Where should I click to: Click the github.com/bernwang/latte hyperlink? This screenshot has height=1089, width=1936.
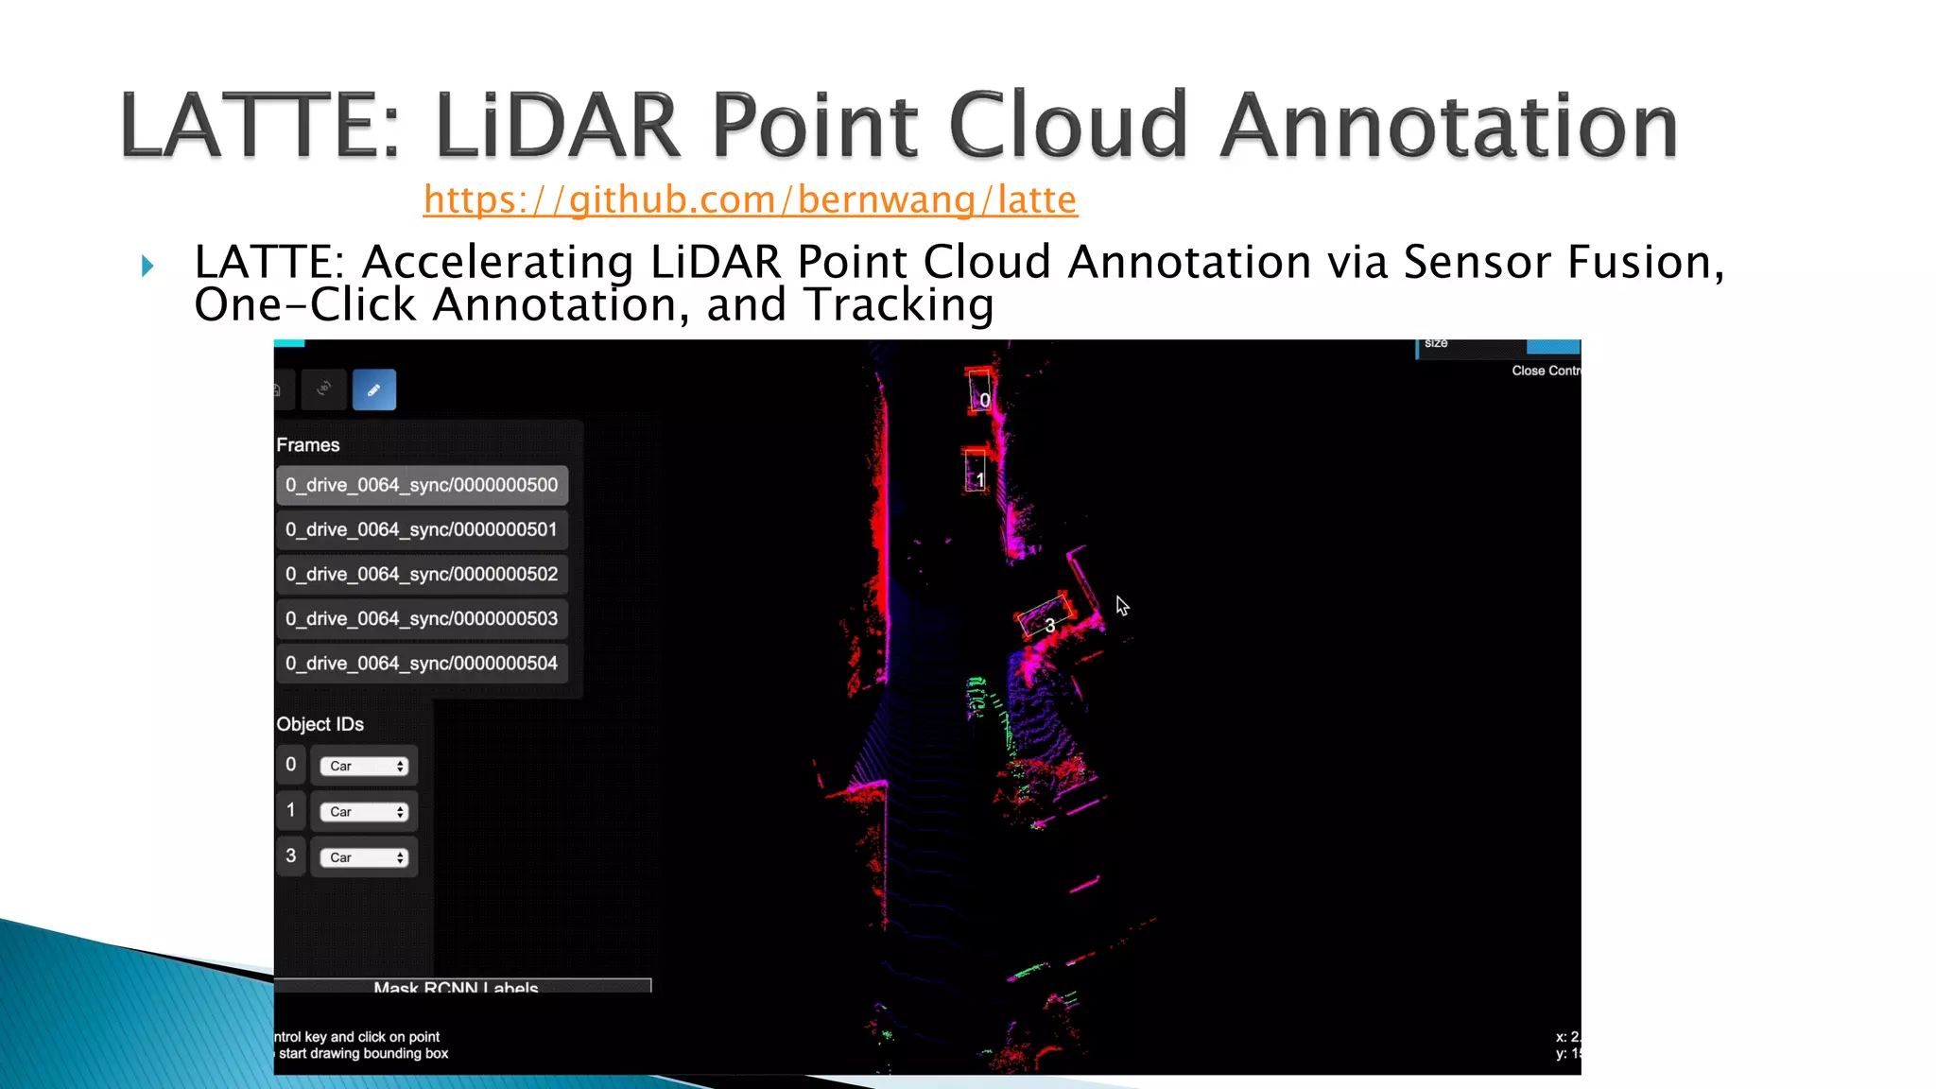pyautogui.click(x=750, y=199)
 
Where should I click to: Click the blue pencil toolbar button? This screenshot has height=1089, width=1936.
pyautogui.click(x=374, y=389)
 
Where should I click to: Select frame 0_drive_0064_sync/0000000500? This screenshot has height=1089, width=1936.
pyautogui.click(x=422, y=485)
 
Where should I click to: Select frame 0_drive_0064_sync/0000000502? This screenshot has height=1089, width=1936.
pyautogui.click(x=422, y=574)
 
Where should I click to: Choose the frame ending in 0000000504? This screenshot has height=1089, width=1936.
pyautogui.click(x=422, y=664)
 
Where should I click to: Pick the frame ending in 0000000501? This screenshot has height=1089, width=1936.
pyautogui.click(x=422, y=529)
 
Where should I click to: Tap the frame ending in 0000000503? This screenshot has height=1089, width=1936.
pyautogui.click(x=422, y=619)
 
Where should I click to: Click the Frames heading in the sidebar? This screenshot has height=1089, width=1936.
pyautogui.click(x=308, y=445)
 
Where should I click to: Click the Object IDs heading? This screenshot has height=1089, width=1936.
pyautogui.click(x=320, y=724)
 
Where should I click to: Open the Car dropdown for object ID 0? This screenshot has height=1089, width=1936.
pyautogui.click(x=364, y=766)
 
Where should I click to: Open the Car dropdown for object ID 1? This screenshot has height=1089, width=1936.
pyautogui.click(x=364, y=812)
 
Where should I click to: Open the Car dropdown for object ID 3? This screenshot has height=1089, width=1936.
pyautogui.click(x=364, y=857)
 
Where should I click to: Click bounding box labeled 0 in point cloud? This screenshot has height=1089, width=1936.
pyautogui.click(x=980, y=392)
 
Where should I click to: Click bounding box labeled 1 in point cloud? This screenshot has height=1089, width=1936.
pyautogui.click(x=976, y=471)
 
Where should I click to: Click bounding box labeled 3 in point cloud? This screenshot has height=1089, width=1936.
pyautogui.click(x=1044, y=618)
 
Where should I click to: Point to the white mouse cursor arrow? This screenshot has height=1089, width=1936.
pyautogui.click(x=1121, y=605)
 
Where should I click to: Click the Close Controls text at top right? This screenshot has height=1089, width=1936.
pyautogui.click(x=1545, y=371)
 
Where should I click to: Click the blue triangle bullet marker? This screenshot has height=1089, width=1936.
pyautogui.click(x=147, y=266)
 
